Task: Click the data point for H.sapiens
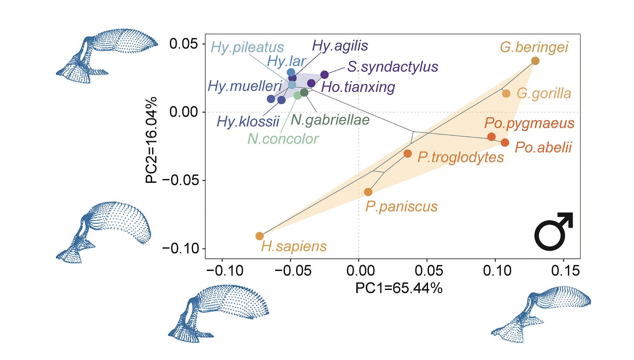point(260,236)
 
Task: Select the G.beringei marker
point(535,61)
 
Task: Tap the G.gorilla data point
point(506,93)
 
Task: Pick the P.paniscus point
point(368,192)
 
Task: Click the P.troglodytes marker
point(408,153)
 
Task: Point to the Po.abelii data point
point(505,143)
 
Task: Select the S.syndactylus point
point(324,74)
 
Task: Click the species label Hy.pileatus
point(247,47)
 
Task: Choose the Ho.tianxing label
point(357,87)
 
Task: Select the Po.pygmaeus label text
point(529,123)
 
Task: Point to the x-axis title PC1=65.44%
point(398,288)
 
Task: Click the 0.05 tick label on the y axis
point(185,44)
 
